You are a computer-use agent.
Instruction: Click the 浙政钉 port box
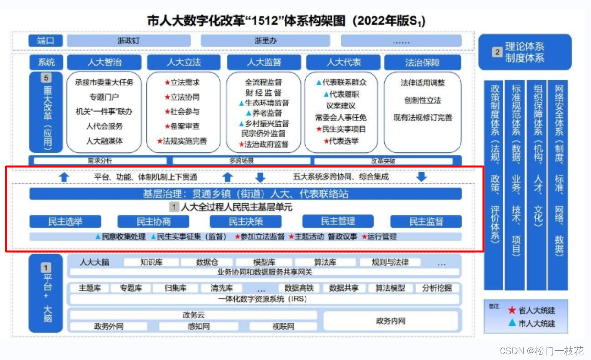[x=129, y=41]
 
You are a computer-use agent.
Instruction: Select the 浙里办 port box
[x=265, y=41]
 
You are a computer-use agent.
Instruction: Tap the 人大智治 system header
[x=105, y=63]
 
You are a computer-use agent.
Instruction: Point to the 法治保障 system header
[x=422, y=63]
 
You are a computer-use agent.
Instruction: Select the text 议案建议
[x=341, y=106]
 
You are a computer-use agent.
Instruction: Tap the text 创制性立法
[x=422, y=100]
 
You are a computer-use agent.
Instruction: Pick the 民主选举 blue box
[x=66, y=222]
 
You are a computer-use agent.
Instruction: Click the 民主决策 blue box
[x=245, y=222]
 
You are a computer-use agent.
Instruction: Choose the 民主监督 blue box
[x=426, y=222]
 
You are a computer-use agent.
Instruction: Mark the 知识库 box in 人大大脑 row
[x=151, y=262]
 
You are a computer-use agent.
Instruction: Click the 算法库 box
[x=325, y=262]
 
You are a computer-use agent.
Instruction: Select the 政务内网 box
[x=391, y=321]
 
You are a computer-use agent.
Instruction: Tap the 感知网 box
[x=198, y=326]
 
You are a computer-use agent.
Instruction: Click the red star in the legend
[x=512, y=310]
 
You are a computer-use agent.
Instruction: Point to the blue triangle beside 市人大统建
[x=512, y=323]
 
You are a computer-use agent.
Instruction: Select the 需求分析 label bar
[x=100, y=161]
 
